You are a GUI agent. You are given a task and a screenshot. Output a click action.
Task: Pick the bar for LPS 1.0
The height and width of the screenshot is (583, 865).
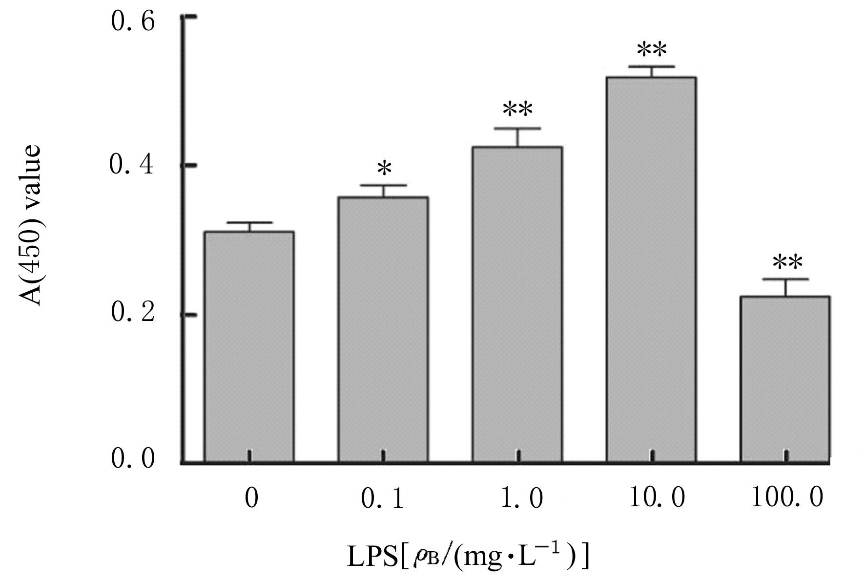pos(517,303)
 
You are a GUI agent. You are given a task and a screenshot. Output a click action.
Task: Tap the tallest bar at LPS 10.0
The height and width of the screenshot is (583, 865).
pos(651,269)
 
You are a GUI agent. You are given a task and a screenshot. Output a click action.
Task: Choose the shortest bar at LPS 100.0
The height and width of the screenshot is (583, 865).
pos(785,378)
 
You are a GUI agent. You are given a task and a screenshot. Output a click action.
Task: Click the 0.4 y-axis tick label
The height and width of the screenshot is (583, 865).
pos(132,165)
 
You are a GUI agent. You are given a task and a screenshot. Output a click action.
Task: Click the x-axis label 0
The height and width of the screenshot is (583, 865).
pos(251,499)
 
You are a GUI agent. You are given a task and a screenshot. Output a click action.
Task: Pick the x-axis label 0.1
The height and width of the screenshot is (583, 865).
pos(383,499)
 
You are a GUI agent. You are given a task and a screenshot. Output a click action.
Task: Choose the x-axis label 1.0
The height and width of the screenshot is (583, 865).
pos(522,499)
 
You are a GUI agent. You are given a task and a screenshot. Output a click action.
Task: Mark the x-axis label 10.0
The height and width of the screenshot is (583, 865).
pos(657,498)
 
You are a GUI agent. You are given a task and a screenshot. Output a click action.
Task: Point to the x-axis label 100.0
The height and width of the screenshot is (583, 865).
pos(787,498)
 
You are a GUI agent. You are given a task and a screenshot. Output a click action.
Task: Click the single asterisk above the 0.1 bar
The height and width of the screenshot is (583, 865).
pos(385,169)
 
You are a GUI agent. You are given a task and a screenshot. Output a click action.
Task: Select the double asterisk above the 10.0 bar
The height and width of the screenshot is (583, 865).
pos(652,50)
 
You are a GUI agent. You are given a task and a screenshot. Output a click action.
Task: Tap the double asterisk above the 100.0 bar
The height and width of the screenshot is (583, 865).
pos(787,263)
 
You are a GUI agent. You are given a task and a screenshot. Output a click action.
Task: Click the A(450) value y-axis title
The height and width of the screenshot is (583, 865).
pos(32,225)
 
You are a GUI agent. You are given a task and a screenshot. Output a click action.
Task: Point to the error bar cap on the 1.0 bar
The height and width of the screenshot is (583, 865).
pos(517,129)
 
